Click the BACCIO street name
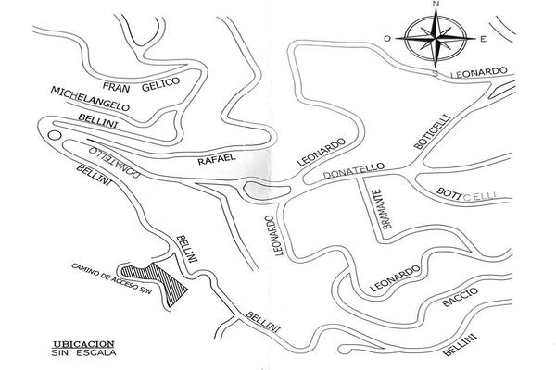pos(460,298)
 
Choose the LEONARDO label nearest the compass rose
pos(478,70)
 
